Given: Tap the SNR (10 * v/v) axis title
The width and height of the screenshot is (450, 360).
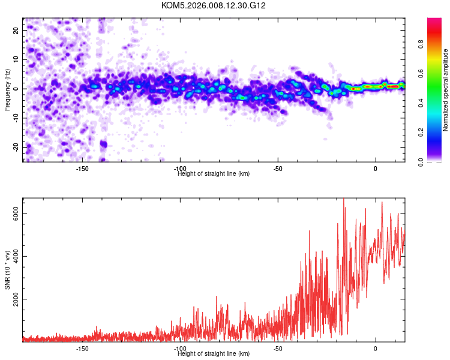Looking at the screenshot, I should [7, 270].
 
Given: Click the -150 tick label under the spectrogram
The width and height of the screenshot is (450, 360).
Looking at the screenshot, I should [83, 169].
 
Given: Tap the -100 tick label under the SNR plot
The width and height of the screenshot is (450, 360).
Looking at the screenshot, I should [180, 349].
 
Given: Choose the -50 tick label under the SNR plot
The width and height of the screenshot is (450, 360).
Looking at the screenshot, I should [278, 349].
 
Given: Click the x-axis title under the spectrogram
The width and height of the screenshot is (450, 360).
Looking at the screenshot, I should [214, 174].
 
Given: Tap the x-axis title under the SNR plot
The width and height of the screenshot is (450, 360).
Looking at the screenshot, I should [214, 354].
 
